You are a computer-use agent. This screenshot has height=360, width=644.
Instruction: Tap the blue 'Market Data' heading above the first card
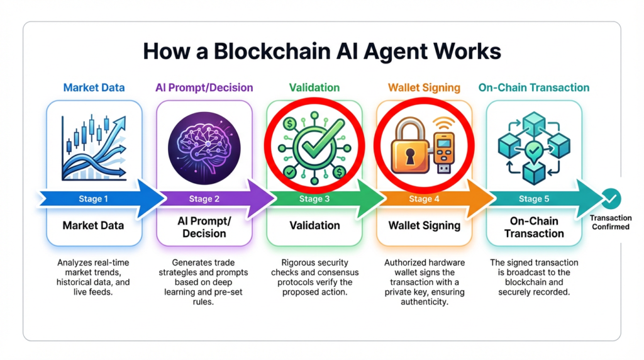[x=94, y=87]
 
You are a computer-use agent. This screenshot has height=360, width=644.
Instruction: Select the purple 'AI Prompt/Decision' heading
[x=204, y=87]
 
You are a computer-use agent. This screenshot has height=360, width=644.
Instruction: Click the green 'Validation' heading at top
[x=314, y=87]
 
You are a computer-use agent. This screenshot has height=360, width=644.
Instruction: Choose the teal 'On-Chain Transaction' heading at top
[x=534, y=87]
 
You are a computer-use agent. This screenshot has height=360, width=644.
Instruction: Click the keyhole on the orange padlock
[x=410, y=158]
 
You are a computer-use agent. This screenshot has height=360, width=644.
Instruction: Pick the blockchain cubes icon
[x=533, y=147]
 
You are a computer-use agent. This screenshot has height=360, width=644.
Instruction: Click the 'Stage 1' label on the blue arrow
[x=93, y=199]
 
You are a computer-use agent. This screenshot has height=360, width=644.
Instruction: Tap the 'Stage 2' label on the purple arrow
[x=204, y=199]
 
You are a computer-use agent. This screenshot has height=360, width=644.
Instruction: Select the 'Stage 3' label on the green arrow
[x=314, y=199]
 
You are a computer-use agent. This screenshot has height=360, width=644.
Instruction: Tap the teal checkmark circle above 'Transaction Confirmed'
[x=610, y=199]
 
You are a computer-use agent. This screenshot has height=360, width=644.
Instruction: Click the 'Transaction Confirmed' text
[x=610, y=222]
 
